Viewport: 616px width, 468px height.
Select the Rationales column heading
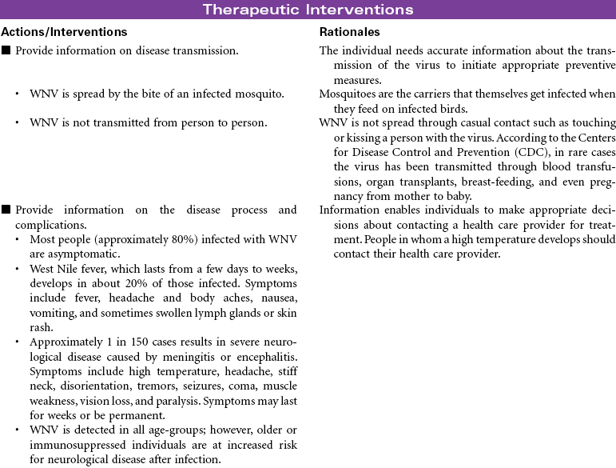pos(349,32)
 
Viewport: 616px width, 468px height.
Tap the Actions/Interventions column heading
pos(64,32)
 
